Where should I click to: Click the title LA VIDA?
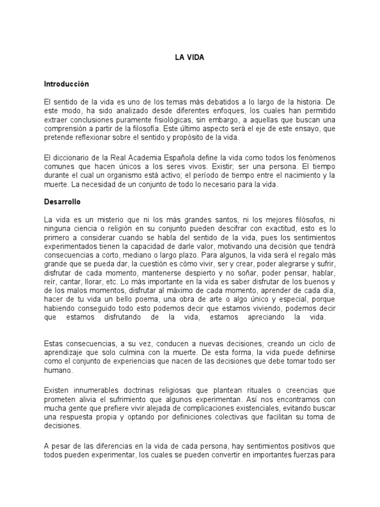[190, 58]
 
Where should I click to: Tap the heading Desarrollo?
[62, 202]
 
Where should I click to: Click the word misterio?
[104, 220]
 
